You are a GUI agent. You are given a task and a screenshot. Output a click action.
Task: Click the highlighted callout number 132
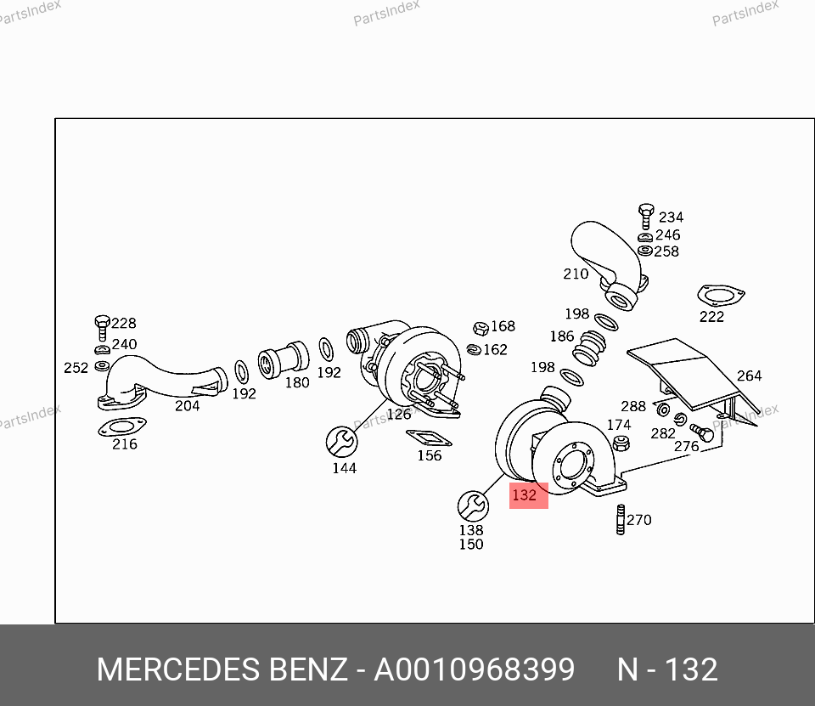coord(524,494)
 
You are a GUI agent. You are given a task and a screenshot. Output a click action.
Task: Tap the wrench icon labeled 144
coord(341,442)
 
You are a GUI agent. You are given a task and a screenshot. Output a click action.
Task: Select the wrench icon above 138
coord(473,505)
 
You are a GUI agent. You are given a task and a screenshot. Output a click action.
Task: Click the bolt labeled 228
coord(102,327)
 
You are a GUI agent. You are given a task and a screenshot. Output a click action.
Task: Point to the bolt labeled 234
coord(646,216)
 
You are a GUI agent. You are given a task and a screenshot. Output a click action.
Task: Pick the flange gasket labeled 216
coord(121,427)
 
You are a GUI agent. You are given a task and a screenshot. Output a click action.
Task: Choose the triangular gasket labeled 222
coord(721,296)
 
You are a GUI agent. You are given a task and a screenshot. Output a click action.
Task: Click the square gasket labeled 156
coord(429,438)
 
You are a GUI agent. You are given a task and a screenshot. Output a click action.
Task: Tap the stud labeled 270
coord(620,519)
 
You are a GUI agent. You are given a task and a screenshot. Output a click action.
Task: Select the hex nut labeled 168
coord(481,328)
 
